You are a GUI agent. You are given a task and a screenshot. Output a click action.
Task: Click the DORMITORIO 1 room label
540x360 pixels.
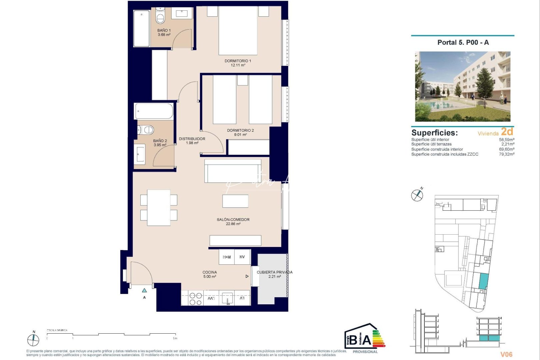tap(237, 61)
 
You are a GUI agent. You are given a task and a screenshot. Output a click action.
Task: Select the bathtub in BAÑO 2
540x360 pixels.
tap(154, 111)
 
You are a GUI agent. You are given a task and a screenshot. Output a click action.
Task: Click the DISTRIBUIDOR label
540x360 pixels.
tap(192, 139)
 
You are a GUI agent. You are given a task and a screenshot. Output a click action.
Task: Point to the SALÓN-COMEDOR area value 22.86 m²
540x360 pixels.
tap(233, 224)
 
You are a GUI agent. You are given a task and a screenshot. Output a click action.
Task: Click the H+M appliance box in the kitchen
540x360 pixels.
tap(227, 257)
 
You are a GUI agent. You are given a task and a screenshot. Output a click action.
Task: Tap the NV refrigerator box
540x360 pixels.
tap(242, 257)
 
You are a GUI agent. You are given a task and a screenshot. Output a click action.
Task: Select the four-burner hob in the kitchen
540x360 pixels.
tap(195, 299)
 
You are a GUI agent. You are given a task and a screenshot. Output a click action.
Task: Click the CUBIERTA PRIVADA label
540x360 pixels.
tap(274, 272)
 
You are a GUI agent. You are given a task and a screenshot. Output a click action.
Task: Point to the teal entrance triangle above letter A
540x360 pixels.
tap(144, 290)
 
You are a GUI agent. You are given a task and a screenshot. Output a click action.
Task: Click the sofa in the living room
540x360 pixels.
tap(233, 171)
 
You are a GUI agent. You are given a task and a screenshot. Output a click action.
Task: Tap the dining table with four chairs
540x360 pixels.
tap(159, 208)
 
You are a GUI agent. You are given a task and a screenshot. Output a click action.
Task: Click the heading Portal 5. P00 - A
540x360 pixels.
tap(463, 42)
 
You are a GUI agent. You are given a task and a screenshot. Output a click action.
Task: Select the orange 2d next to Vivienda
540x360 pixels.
tap(507, 132)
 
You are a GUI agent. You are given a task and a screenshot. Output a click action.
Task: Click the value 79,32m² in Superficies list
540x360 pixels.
tap(506, 154)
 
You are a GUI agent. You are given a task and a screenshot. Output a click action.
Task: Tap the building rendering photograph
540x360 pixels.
tap(462, 86)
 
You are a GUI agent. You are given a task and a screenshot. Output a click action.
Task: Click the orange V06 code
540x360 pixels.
tap(506, 354)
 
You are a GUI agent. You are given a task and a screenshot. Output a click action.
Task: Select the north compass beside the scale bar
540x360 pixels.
tap(33, 339)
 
